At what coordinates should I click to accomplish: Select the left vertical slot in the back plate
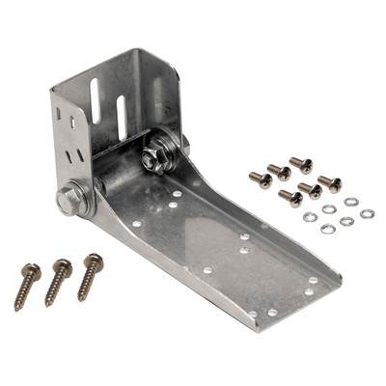click(x=96, y=100)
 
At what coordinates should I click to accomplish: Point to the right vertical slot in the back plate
click(x=123, y=116)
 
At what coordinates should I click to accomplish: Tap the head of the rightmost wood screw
click(x=94, y=260)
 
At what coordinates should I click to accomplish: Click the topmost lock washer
click(x=350, y=202)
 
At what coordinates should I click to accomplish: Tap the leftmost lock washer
click(x=309, y=216)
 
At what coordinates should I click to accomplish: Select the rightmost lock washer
click(x=367, y=213)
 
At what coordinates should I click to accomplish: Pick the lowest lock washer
click(x=328, y=229)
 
